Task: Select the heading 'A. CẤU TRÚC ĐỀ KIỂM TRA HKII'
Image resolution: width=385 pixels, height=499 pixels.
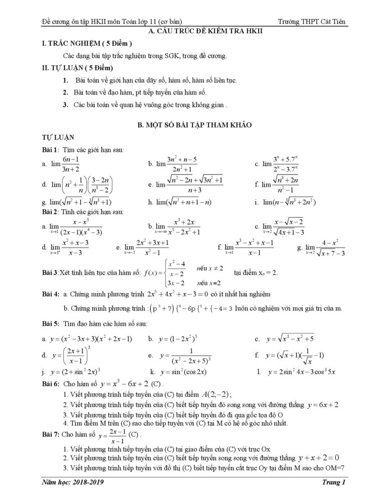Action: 192,32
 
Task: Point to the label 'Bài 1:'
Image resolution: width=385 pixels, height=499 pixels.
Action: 51,150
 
